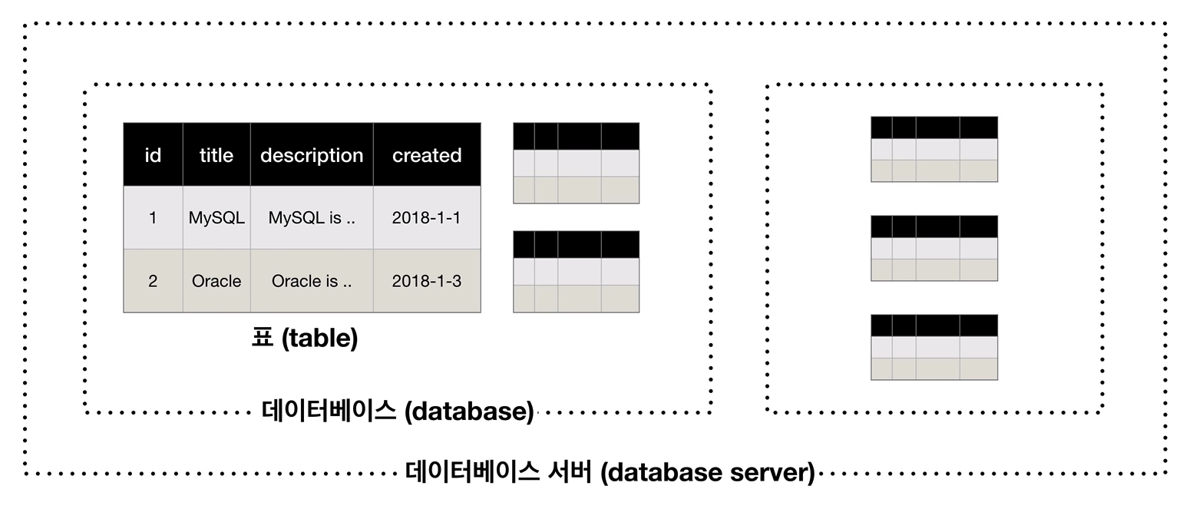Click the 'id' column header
(153, 155)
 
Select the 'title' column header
(216, 155)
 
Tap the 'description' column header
(312, 155)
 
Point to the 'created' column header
(427, 155)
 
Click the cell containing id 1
(153, 217)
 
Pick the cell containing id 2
(153, 280)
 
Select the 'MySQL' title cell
(216, 217)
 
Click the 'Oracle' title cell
(216, 280)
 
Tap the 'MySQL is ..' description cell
(312, 217)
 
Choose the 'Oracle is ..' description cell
(312, 280)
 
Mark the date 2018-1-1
(427, 217)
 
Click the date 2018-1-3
(427, 280)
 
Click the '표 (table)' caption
(305, 338)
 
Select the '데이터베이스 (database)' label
(398, 411)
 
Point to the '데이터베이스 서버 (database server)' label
(610, 472)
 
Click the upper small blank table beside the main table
(577, 163)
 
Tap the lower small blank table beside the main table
(577, 272)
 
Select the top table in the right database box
(934, 149)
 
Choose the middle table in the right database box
(934, 248)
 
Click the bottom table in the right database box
(934, 347)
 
